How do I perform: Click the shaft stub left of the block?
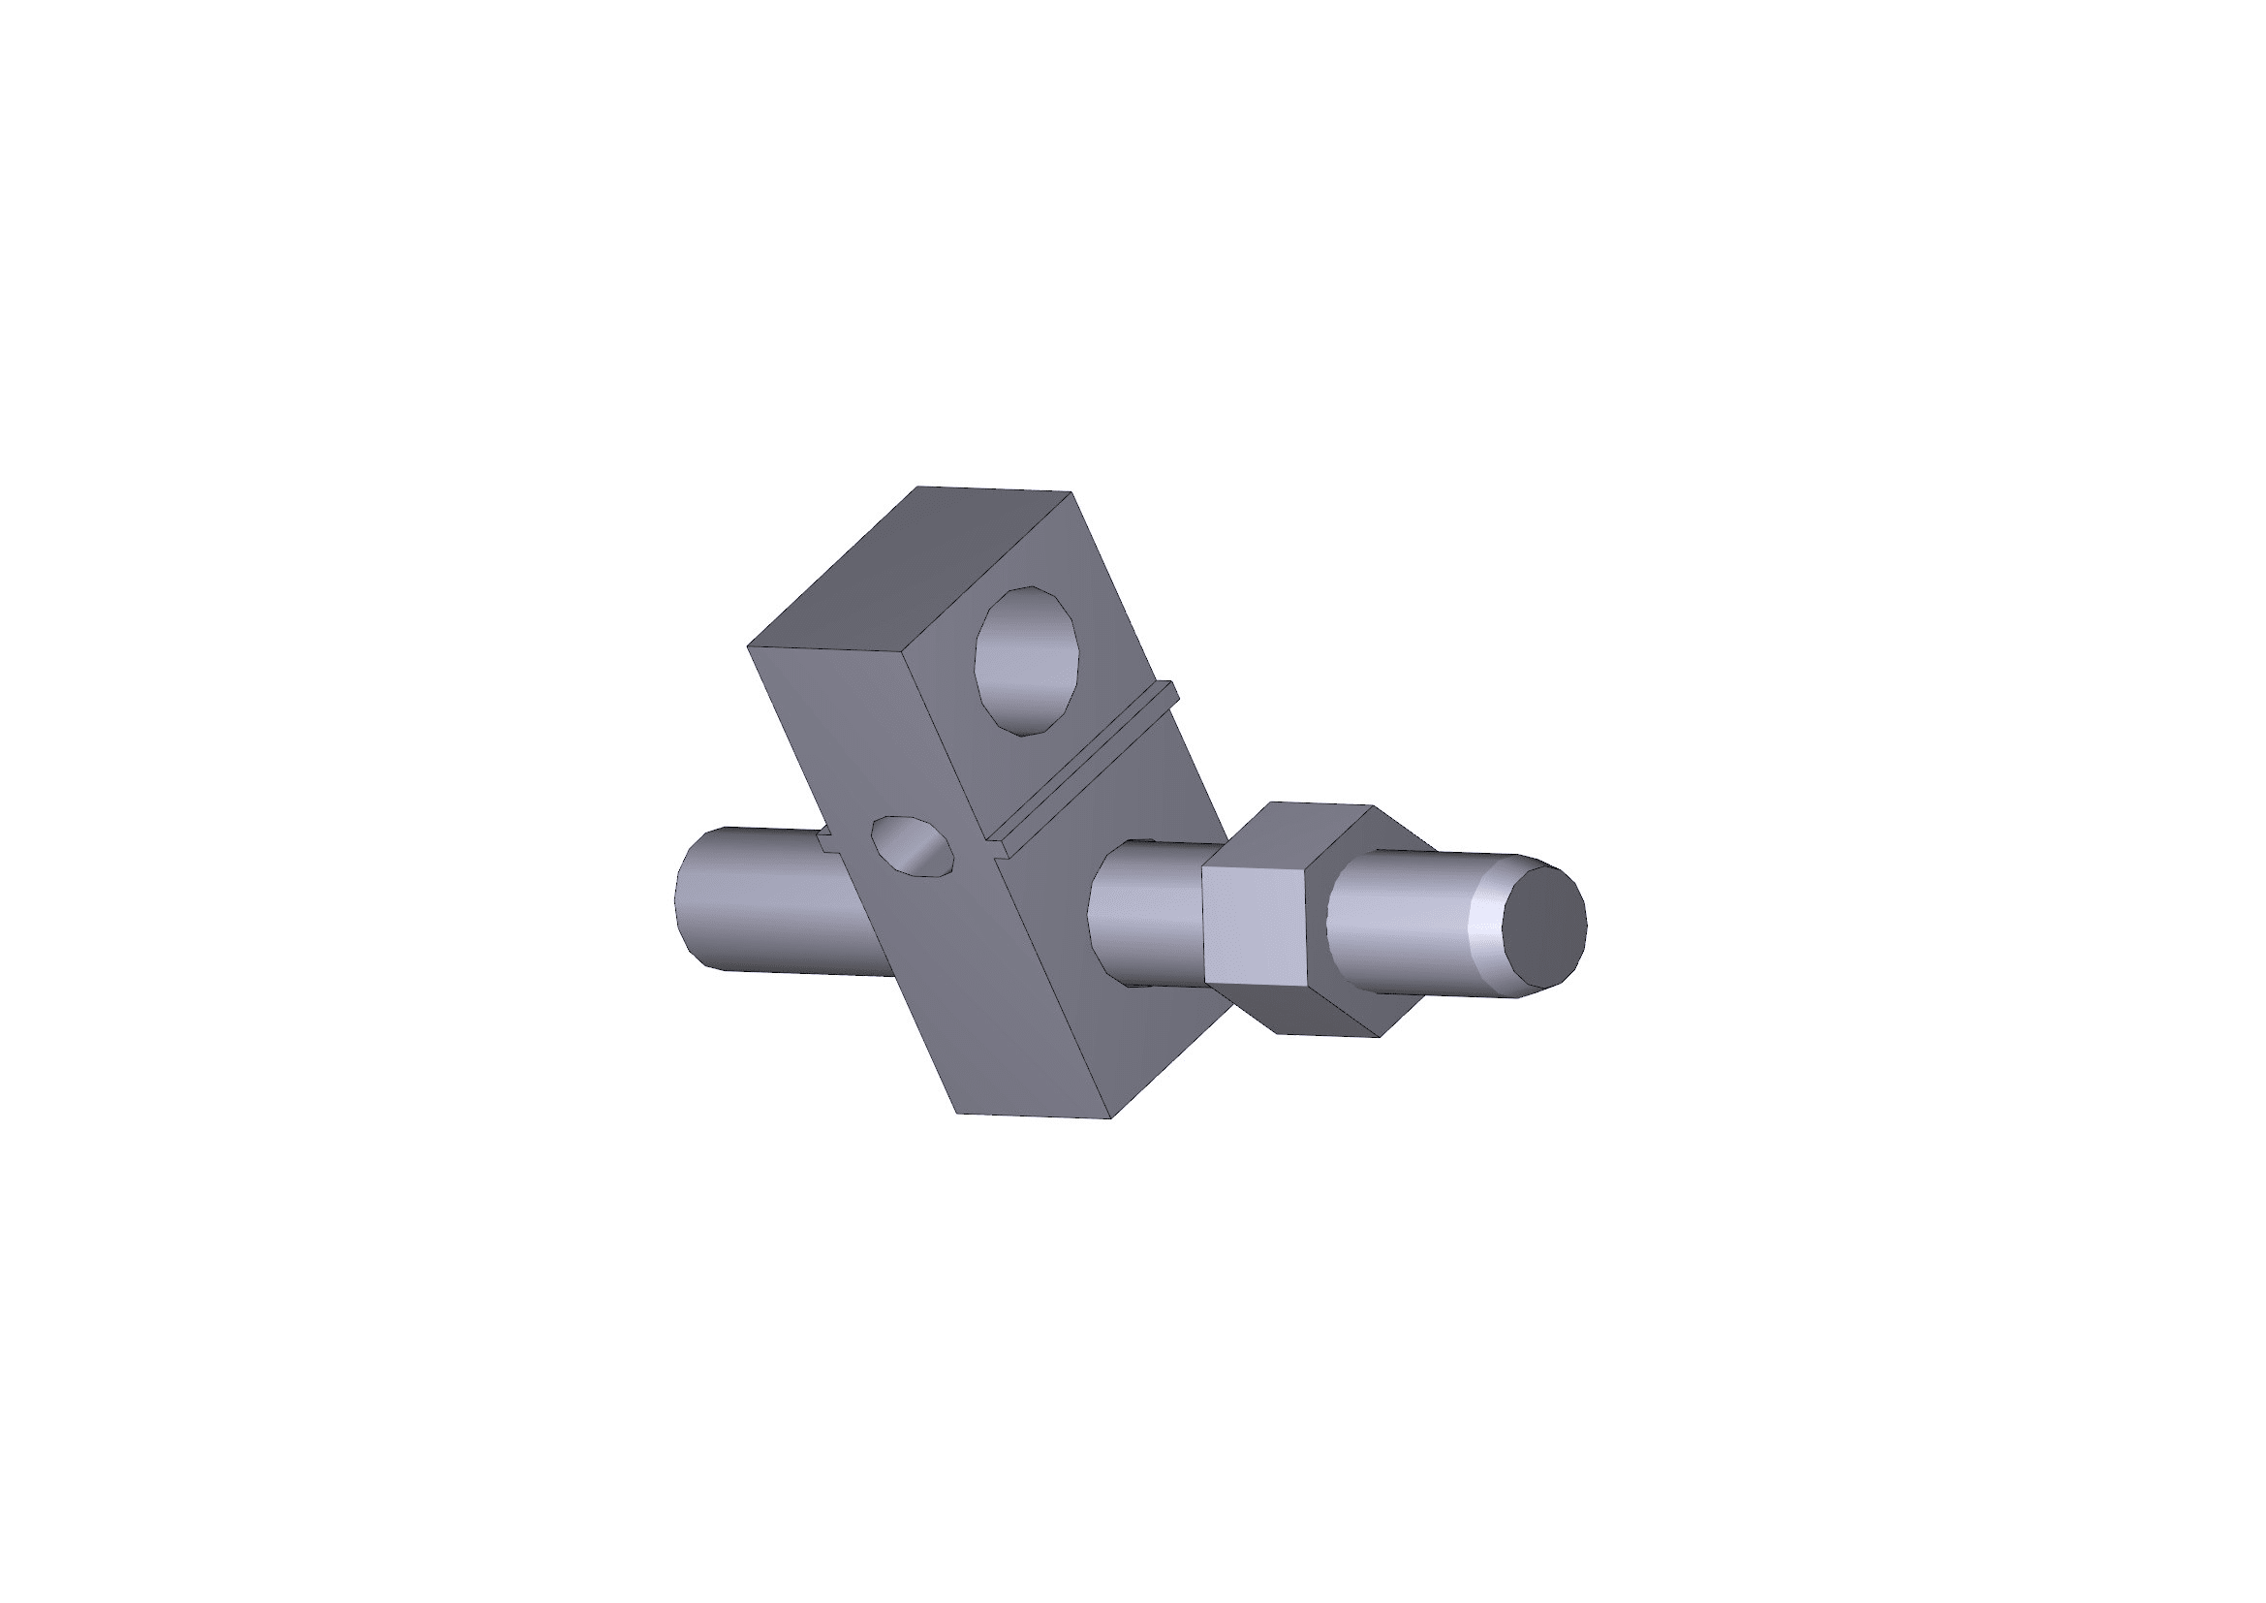point(750,898)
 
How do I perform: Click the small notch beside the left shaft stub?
point(827,839)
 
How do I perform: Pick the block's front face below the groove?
point(1115,948)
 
